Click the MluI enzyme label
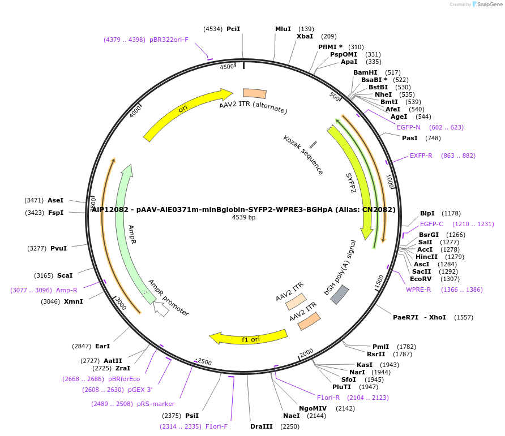coord(283,29)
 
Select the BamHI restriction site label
coord(365,72)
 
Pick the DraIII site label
coord(262,426)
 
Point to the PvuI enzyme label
coord(58,248)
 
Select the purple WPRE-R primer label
coord(418,290)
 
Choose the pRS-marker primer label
coord(156,404)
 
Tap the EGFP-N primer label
coord(408,127)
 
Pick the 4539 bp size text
coord(243,217)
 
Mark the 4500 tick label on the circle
coord(227,67)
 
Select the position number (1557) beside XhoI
coord(464,317)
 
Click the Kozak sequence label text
coord(303,154)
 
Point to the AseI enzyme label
coord(55,200)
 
